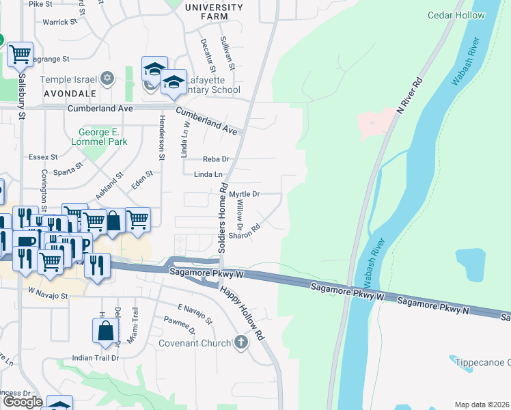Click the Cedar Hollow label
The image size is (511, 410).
click(456, 15)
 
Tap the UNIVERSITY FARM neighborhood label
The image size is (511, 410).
click(214, 12)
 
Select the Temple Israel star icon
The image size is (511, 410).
click(106, 79)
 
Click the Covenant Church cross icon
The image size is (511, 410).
click(240, 342)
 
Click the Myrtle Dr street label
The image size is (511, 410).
click(244, 194)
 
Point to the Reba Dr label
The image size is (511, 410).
click(215, 159)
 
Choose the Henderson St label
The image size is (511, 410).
click(162, 137)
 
